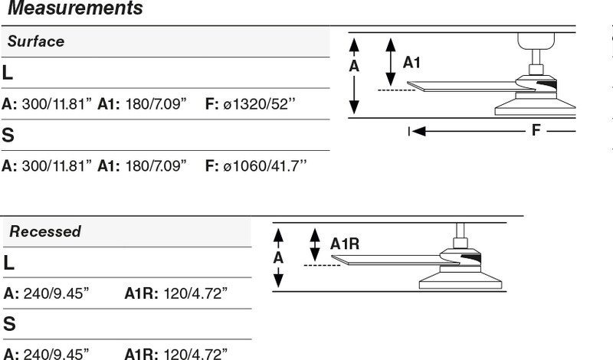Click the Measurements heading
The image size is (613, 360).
[75, 8]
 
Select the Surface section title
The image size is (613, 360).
[36, 41]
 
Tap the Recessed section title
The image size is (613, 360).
[45, 231]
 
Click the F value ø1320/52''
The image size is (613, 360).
[259, 104]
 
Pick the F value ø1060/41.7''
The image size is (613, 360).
[264, 165]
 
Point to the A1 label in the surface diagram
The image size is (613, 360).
[411, 63]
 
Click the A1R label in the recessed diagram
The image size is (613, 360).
[345, 244]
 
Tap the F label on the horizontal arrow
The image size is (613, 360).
[536, 129]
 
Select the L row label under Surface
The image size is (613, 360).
[8, 73]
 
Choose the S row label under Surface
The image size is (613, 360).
[8, 136]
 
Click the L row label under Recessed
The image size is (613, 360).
[8, 263]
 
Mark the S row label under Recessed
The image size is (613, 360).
[9, 324]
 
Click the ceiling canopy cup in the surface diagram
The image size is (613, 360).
[536, 41]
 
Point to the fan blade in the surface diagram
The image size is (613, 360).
[469, 87]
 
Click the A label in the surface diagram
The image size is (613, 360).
[354, 67]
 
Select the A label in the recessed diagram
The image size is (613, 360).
[278, 258]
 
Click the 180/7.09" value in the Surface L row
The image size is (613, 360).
[156, 104]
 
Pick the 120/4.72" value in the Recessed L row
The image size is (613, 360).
[195, 293]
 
